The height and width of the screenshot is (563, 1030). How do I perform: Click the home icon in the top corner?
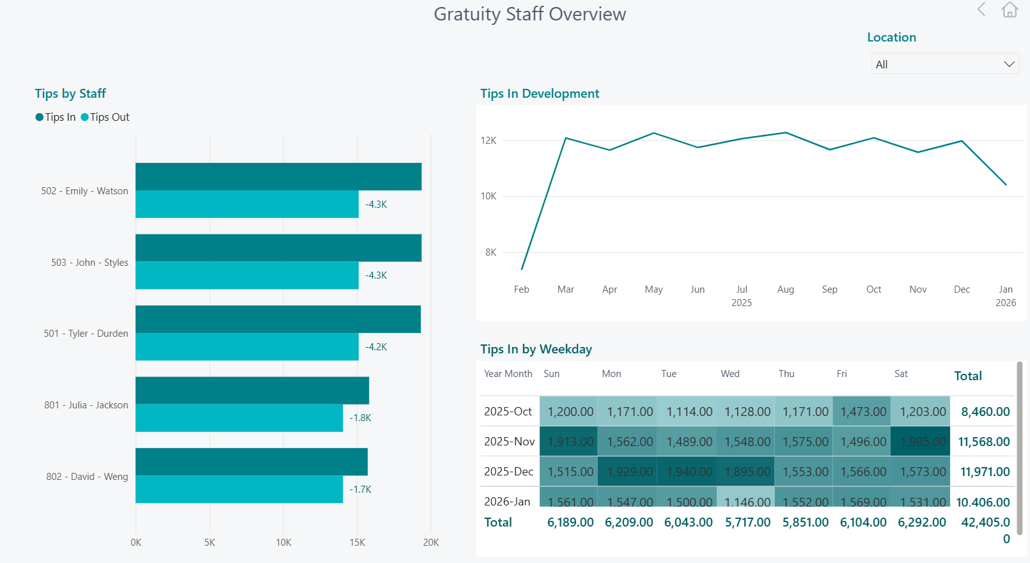coord(1010,10)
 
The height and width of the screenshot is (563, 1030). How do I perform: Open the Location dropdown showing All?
coord(944,64)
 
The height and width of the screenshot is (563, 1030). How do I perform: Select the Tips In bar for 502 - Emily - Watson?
coord(278,176)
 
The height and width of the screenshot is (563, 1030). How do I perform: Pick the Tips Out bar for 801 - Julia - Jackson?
coord(239,418)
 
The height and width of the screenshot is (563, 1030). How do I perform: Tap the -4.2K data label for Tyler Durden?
coord(376,347)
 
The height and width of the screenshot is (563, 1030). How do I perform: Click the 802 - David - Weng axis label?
coord(87,477)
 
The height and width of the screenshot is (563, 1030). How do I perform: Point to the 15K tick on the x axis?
coord(357,543)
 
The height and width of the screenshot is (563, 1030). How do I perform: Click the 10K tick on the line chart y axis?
coord(488,196)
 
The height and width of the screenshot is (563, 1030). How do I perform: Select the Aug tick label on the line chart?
coord(786,289)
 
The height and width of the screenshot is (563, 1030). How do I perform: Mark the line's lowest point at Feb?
coord(522,269)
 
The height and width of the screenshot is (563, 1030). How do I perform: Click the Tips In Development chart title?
coord(540,93)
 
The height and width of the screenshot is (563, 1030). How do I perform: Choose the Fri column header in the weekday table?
coord(841,374)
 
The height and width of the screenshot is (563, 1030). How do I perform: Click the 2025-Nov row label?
coord(509,442)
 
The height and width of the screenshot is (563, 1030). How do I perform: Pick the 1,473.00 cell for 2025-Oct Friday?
coord(863,412)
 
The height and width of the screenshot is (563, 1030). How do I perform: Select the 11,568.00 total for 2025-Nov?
coord(984,442)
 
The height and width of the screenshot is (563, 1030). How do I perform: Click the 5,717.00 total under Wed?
coord(747,522)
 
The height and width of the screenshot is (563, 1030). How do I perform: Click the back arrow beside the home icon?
coord(981,10)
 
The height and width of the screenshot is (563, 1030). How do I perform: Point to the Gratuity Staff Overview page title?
coord(529,14)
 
